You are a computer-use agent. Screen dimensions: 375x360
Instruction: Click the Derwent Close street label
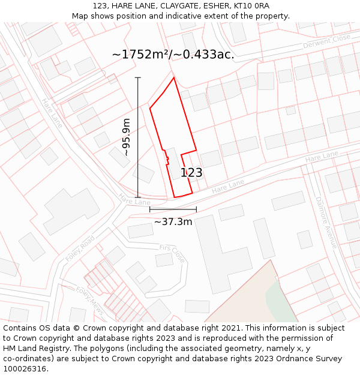326,41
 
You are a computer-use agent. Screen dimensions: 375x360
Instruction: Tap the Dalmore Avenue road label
326,222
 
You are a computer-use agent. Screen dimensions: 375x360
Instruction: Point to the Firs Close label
172,253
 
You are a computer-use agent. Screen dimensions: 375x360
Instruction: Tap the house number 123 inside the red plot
191,173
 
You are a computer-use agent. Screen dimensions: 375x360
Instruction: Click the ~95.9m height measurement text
127,137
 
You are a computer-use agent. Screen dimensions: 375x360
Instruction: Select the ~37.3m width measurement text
173,221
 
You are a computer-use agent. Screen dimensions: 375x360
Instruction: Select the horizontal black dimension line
173,209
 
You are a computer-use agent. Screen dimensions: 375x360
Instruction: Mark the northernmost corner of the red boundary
174,77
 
